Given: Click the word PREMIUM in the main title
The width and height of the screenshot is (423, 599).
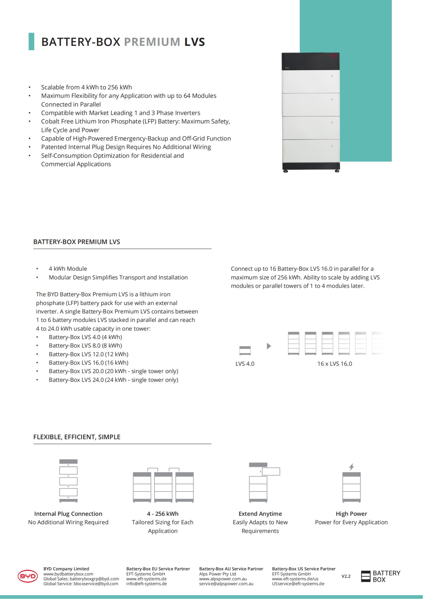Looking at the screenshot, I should point(152,42).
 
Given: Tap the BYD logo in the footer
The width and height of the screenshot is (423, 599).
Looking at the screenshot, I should point(27,576).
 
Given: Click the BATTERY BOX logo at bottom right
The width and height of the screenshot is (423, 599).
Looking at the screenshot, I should point(381,576).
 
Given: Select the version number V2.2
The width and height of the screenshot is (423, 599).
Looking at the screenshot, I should point(346,576).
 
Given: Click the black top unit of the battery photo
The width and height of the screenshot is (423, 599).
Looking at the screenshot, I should point(311,61).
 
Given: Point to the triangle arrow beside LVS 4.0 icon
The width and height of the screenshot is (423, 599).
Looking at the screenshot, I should point(269,346).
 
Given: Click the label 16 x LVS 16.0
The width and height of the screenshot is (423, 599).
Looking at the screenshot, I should point(335,364).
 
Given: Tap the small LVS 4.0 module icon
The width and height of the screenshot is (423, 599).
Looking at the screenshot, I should point(245,351).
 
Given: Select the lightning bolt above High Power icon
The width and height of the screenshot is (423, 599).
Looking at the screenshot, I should point(351,467).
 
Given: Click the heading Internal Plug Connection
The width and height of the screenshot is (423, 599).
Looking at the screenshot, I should point(68,514).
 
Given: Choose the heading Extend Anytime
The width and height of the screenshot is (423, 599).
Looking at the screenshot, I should point(260,514).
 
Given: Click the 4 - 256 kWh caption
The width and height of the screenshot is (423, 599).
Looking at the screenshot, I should point(163,514).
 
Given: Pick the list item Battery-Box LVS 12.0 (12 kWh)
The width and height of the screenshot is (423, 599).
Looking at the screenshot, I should point(88,354).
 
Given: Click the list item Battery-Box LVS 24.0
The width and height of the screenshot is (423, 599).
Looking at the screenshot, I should point(113,380).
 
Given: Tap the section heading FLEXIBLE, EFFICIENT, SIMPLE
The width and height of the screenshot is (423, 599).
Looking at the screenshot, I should point(77,437).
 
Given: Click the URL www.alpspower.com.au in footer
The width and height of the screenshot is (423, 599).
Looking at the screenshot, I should point(223,579).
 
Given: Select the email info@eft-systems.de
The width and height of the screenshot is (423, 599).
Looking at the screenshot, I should point(146,584).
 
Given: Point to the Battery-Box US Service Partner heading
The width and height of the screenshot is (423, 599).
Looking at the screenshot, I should point(304,569).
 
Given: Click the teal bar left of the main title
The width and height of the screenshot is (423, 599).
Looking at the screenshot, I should point(31,42).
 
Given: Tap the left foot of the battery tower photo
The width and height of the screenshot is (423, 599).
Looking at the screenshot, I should point(286,171).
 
